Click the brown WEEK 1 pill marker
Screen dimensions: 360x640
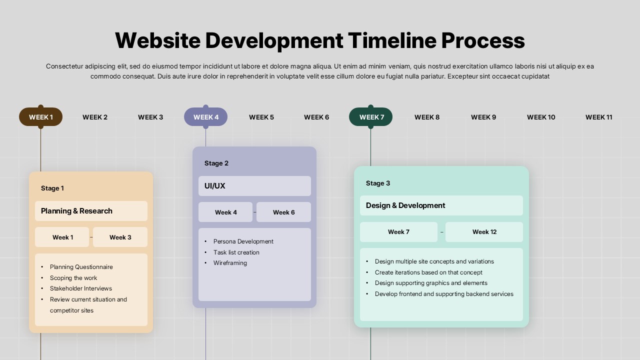click(40, 117)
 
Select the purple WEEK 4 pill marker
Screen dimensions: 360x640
click(206, 117)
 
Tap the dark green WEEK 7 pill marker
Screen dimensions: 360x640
click(371, 117)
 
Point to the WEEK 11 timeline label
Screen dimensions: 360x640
click(598, 117)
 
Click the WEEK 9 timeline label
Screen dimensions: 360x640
click(483, 117)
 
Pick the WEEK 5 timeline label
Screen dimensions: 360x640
click(261, 117)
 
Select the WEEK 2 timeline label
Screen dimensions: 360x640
click(95, 117)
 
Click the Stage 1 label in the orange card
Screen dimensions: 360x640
click(52, 188)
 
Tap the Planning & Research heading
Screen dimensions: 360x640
click(76, 211)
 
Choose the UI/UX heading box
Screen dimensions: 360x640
click(254, 186)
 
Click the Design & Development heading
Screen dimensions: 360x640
click(405, 205)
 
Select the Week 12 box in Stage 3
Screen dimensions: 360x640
click(484, 232)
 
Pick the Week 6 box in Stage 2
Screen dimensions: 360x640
click(283, 212)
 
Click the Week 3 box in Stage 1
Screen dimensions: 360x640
click(120, 237)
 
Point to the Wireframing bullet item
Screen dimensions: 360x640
click(230, 263)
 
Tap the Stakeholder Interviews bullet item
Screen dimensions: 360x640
click(80, 288)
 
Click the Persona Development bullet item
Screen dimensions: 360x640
click(243, 241)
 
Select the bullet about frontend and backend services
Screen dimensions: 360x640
click(444, 294)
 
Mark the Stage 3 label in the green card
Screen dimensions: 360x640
click(378, 183)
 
